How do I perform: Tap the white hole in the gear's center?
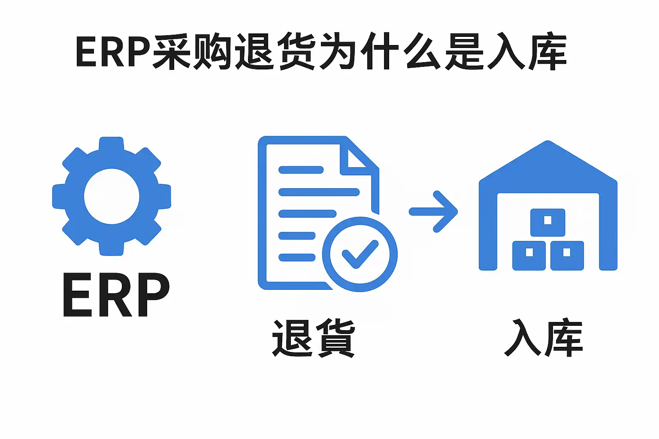click(112, 196)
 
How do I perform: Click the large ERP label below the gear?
click(117, 295)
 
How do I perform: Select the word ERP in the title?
click(113, 52)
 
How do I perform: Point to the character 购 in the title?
click(213, 51)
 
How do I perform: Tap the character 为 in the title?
click(339, 51)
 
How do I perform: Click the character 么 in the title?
click(423, 51)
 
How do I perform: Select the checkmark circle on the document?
click(360, 223)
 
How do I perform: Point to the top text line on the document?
click(301, 170)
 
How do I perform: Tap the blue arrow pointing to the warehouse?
click(433, 212)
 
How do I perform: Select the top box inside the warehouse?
click(548, 223)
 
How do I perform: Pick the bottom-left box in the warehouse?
click(529, 256)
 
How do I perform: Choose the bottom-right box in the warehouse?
click(567, 256)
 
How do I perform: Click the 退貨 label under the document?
click(314, 338)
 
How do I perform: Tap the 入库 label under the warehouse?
click(544, 337)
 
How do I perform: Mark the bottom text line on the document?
click(297, 258)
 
